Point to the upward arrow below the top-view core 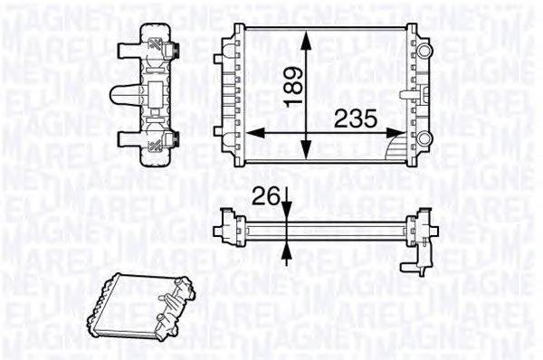click(287, 254)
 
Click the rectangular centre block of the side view click(157, 93)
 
